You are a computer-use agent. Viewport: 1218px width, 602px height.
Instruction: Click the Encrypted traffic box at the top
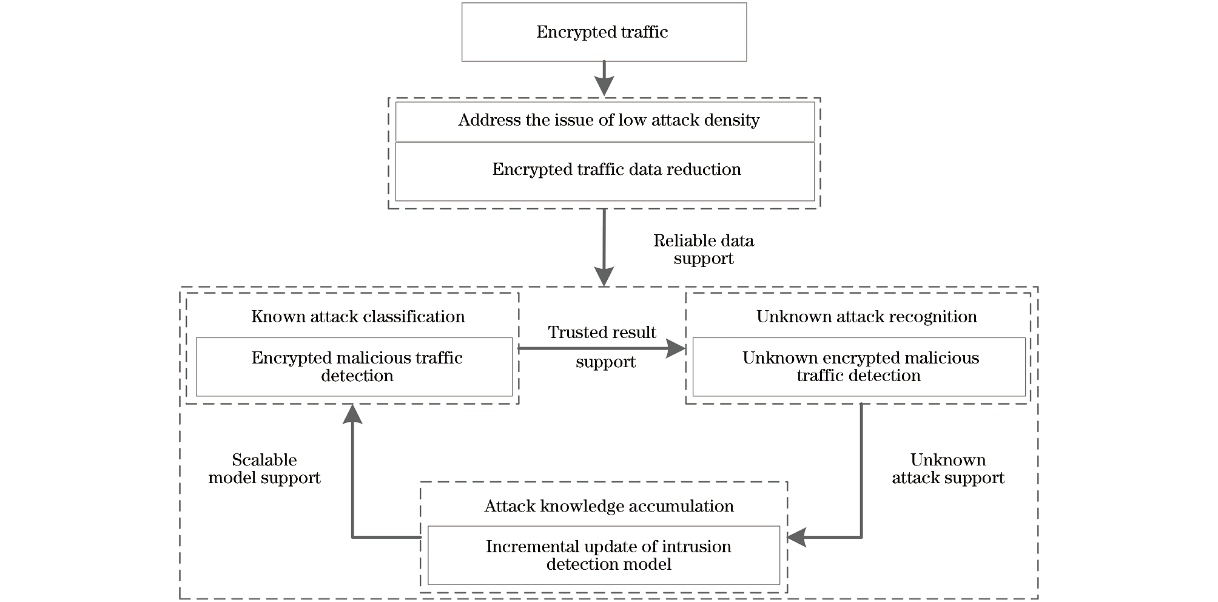(x=604, y=32)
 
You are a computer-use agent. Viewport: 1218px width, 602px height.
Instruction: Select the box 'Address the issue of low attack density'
(x=604, y=121)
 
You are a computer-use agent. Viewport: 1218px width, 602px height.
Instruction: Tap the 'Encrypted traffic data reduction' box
(x=604, y=171)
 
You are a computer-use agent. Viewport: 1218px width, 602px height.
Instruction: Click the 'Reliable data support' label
(x=703, y=249)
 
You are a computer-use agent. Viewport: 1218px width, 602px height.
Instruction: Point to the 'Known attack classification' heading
(x=358, y=317)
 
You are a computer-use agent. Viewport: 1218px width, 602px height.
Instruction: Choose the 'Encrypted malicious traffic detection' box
(x=354, y=367)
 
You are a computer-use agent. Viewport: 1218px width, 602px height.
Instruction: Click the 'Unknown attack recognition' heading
(x=866, y=317)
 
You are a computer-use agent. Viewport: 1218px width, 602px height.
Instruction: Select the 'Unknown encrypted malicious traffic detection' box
(x=859, y=367)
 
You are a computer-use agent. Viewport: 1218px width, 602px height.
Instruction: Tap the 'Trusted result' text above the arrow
(x=602, y=333)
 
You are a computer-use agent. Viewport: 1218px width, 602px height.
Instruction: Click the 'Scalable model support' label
(x=264, y=468)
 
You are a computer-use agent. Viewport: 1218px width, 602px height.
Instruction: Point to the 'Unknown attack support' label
(x=947, y=468)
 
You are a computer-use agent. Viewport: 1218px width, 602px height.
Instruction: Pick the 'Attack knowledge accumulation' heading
(x=608, y=506)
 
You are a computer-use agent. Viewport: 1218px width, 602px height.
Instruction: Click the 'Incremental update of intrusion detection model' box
(x=604, y=555)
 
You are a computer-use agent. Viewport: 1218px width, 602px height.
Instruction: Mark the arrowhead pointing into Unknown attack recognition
(x=676, y=348)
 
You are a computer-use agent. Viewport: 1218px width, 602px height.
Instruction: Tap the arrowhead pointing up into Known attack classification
(x=352, y=414)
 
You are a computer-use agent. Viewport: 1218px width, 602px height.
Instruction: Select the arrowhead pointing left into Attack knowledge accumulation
(x=796, y=537)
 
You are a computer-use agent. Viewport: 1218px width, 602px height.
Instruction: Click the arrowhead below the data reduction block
(x=604, y=277)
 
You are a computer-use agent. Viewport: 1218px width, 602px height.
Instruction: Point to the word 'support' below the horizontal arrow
(x=605, y=362)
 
